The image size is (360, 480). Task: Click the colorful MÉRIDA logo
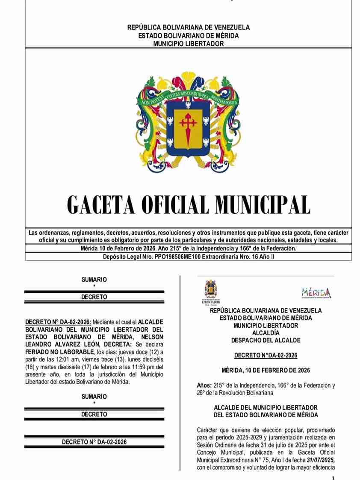tap(316, 293)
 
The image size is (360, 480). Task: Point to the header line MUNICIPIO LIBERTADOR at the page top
tap(188, 43)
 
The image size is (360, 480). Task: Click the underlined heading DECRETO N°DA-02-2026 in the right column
tap(266, 356)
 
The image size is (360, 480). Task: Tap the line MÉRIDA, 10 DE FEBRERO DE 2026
tap(266, 370)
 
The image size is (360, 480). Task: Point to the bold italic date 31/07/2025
tap(320, 460)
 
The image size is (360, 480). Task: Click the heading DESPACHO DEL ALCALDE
tap(266, 340)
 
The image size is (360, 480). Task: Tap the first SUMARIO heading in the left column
tap(94, 280)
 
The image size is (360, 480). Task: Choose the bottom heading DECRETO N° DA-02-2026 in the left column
tap(94, 442)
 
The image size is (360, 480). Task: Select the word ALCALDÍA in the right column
tap(266, 333)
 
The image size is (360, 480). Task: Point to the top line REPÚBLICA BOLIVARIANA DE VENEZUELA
tap(188, 28)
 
